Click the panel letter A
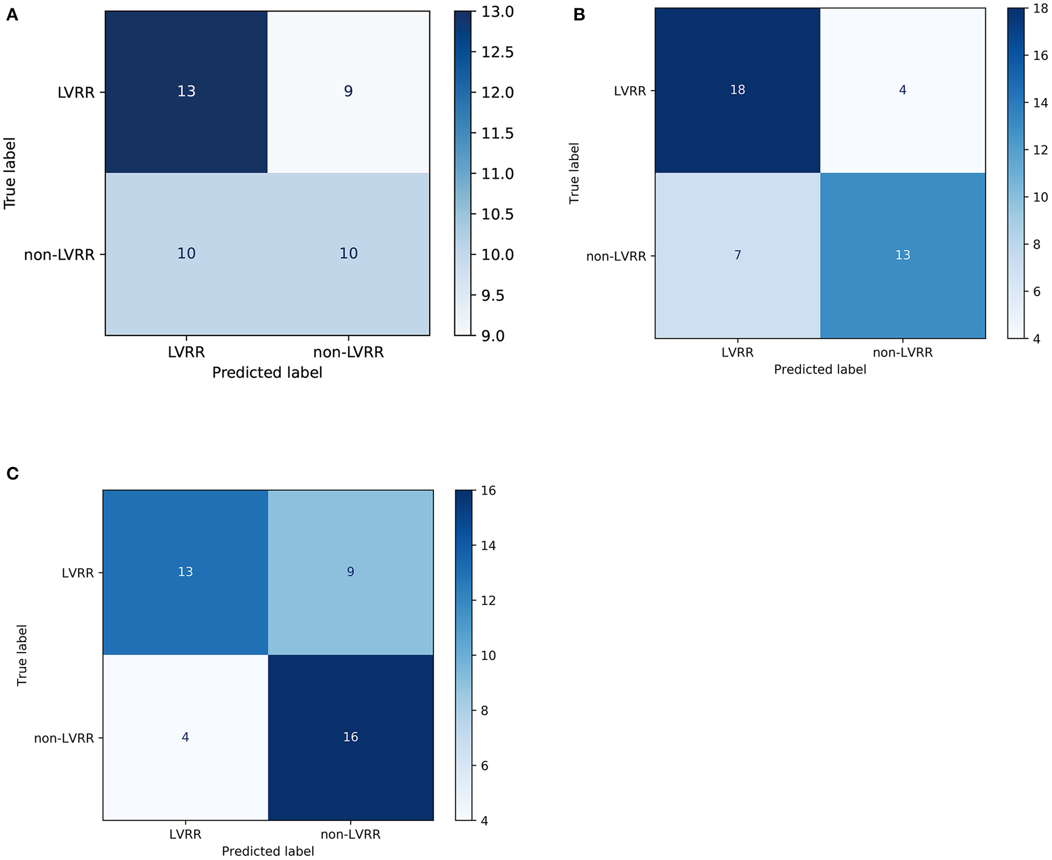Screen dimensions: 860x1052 (12, 15)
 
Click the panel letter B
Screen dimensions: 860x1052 (579, 15)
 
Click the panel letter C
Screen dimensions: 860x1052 (13, 474)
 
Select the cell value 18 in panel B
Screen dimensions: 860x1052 (737, 90)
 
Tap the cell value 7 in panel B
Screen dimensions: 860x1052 (737, 255)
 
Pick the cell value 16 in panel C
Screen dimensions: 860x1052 (350, 737)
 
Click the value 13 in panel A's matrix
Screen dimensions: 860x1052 (186, 91)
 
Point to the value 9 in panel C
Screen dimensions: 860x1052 (350, 572)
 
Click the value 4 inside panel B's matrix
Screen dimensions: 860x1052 (902, 90)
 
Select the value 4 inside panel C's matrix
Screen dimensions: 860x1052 (185, 737)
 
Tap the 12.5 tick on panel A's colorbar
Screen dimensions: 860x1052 (497, 52)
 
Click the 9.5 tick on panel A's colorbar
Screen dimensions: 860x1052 (492, 296)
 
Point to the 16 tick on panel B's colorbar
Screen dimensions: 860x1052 (1040, 56)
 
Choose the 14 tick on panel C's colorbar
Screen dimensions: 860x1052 (488, 546)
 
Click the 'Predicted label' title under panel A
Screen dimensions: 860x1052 (267, 373)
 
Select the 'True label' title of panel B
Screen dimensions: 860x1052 (574, 173)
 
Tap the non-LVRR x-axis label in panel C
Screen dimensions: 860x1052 (350, 834)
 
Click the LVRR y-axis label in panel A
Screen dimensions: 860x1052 (76, 93)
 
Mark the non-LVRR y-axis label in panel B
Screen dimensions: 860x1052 (616, 256)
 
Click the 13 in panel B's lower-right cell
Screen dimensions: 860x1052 (902, 255)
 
